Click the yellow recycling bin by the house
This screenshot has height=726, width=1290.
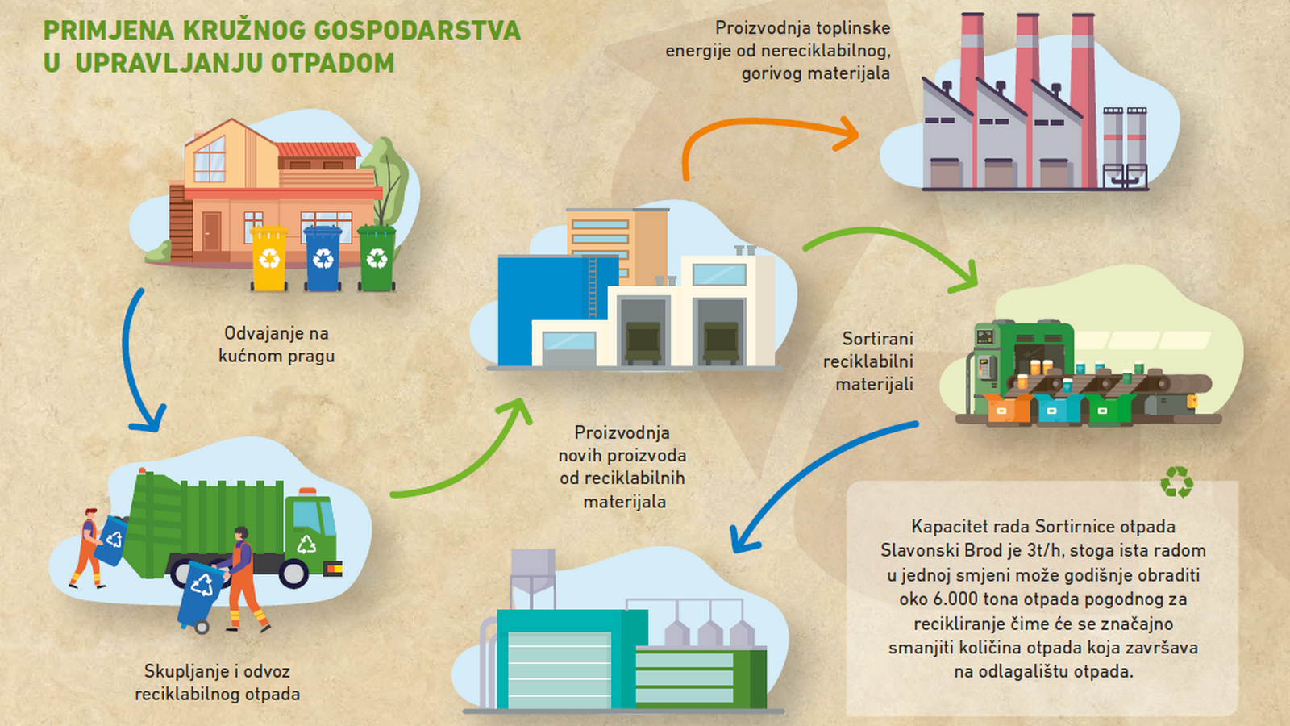[x=269, y=258]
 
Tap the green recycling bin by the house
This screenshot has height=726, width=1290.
[x=377, y=258]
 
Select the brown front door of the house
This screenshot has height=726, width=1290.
[x=211, y=232]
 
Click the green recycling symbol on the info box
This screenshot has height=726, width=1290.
[x=1176, y=482]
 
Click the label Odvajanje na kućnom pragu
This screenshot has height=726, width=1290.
[x=277, y=344]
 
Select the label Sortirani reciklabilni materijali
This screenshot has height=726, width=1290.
[x=868, y=361]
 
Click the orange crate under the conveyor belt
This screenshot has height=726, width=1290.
[x=1008, y=409]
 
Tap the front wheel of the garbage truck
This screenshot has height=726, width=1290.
[x=293, y=574]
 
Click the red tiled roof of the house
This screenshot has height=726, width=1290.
[x=318, y=150]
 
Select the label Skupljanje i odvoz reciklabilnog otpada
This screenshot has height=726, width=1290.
[x=217, y=682]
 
